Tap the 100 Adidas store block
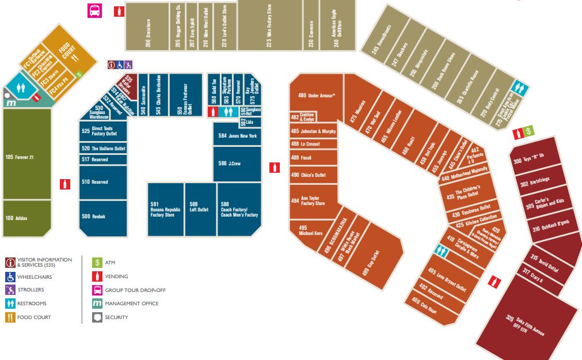pos(26,218)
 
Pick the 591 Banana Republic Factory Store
pos(165,210)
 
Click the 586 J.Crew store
pos(236,164)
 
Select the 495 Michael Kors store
pos(311,230)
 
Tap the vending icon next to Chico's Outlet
pos(275,168)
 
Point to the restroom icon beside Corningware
pos(442,251)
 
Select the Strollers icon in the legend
pos(10,290)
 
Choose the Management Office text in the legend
pos(131,304)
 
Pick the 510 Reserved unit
pos(102,182)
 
